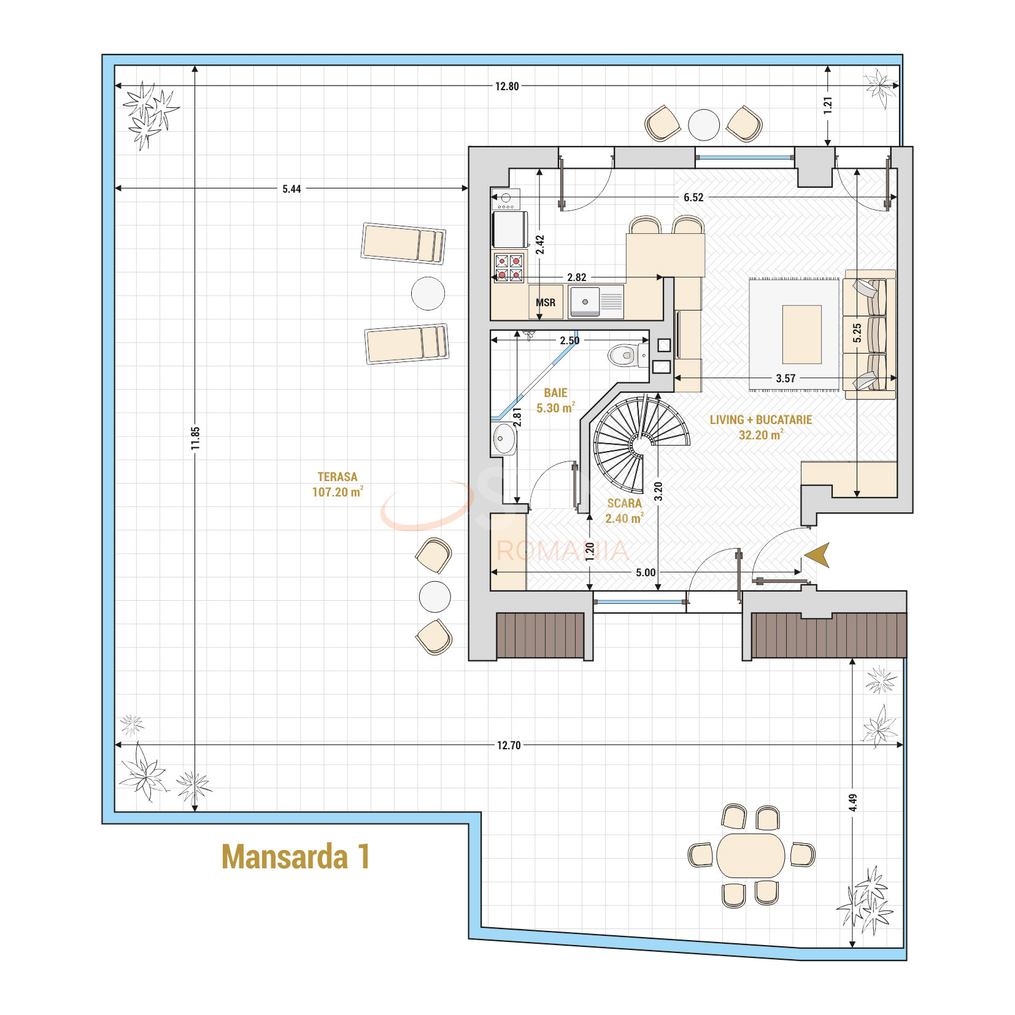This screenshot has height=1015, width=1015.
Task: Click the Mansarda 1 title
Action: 295,856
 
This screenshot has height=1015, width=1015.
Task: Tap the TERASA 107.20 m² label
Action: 337,484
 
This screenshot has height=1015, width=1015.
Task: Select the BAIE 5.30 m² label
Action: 555,400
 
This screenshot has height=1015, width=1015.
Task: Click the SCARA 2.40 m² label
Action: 624,510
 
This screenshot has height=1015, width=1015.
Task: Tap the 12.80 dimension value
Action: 507,87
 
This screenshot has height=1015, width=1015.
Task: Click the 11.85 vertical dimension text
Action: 195,438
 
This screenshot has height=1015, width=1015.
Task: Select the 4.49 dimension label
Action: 853,803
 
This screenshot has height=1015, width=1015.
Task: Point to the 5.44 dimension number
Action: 291,188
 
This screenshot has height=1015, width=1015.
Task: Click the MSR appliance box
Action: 546,302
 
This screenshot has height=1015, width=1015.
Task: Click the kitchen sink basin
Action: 585,301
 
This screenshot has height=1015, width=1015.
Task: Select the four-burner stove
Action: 509,267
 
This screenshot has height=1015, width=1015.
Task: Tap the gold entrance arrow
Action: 818,555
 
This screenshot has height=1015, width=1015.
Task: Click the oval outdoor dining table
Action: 751,855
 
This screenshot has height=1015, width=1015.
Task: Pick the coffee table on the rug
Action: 801,334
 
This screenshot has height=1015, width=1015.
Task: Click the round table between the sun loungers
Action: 428,293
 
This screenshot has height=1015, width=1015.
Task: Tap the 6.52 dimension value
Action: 693,198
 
